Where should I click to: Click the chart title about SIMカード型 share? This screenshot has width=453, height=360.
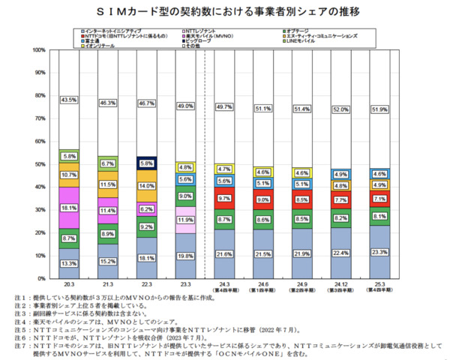226,13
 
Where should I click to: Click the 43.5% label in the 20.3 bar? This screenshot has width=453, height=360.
69,100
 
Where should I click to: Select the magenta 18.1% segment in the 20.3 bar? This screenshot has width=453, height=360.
69,207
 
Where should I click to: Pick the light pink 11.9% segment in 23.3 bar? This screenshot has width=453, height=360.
184,220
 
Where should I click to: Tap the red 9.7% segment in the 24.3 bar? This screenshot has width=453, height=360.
223,198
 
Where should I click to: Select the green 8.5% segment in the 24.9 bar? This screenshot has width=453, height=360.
301,219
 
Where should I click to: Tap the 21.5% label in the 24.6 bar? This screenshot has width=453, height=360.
262,255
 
